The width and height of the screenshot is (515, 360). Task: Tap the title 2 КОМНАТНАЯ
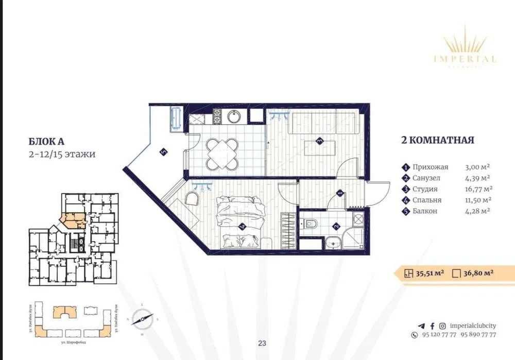click(x=437, y=140)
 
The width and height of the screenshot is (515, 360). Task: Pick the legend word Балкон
click(x=424, y=211)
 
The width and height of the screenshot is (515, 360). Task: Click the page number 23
click(x=262, y=344)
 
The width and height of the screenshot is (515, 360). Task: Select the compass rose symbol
click(x=143, y=319)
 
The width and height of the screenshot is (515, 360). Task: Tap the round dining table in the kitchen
click(x=222, y=153)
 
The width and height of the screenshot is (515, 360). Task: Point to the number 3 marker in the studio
click(x=319, y=140)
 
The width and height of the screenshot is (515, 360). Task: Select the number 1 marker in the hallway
click(x=339, y=193)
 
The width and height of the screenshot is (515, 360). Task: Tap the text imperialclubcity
click(x=473, y=325)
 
